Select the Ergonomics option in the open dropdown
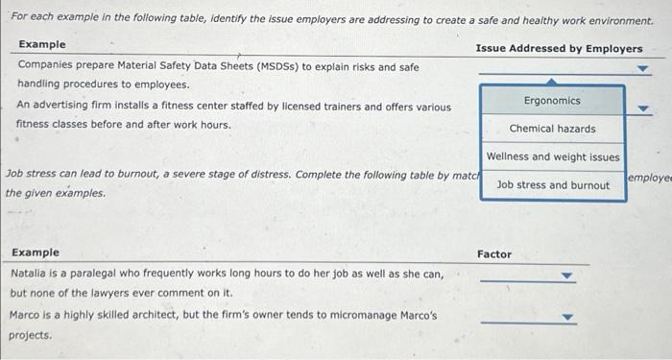(x=552, y=101)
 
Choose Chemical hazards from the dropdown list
(x=552, y=129)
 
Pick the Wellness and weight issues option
(x=553, y=156)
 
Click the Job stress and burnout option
(x=553, y=184)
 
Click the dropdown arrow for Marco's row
(x=567, y=317)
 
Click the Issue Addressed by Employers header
(x=559, y=49)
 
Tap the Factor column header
(x=494, y=254)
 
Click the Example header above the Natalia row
(x=36, y=252)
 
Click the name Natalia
(x=30, y=274)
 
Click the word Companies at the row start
(x=46, y=67)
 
